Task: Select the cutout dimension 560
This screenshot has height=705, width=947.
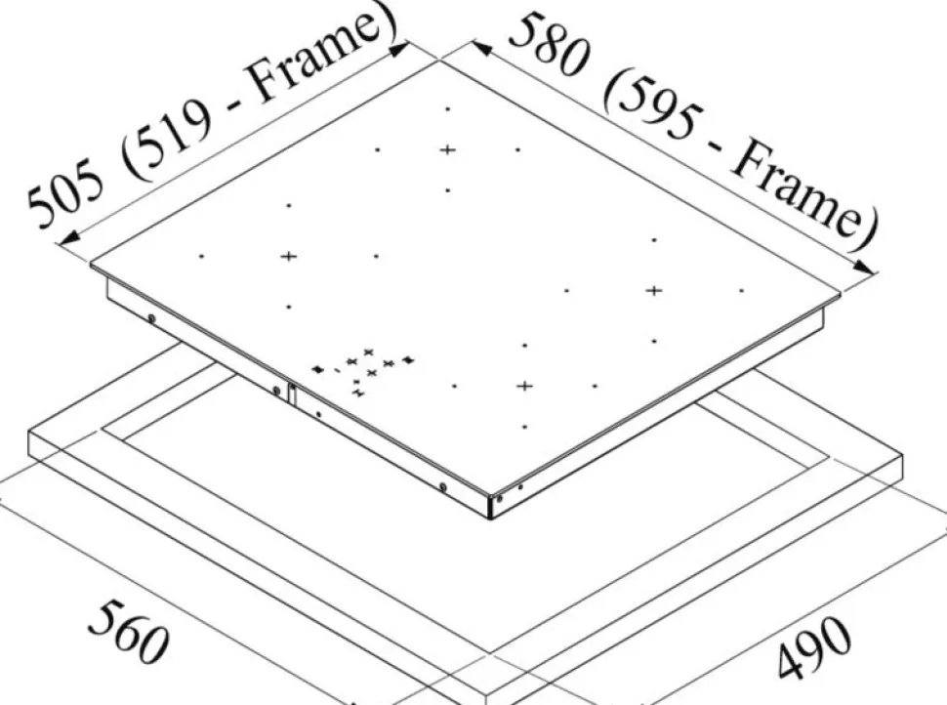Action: pos(128,632)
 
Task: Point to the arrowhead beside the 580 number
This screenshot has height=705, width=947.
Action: pos(484,48)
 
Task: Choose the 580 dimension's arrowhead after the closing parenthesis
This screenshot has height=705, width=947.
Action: pos(864,268)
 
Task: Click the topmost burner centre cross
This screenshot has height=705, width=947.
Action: pos(447,149)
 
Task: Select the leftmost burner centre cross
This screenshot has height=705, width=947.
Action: pos(289,256)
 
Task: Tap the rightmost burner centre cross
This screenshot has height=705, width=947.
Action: pos(654,291)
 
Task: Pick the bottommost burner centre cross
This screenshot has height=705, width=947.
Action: pos(525,386)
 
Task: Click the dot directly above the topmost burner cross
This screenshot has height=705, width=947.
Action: pos(447,109)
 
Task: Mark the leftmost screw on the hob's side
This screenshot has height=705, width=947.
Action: pos(151,318)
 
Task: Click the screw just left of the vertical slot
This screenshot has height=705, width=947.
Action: pos(276,391)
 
